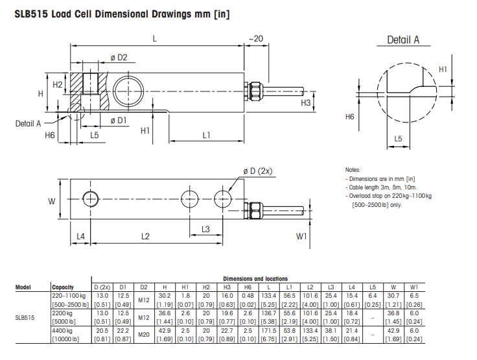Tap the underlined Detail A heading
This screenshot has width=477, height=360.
point(403,40)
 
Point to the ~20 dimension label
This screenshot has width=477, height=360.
point(256,40)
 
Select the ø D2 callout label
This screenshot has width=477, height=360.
point(119,58)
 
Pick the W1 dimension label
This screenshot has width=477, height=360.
point(301,236)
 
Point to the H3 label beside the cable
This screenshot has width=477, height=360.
point(307,102)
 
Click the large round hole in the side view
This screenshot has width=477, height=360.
point(129,89)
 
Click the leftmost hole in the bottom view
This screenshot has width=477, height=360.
point(91,197)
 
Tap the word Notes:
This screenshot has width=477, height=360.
point(353,169)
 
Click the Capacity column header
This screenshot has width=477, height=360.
point(63,287)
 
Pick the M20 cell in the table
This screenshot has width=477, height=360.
point(144,335)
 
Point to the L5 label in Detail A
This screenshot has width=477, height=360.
point(398,139)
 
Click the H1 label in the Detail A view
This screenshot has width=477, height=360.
point(443,69)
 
